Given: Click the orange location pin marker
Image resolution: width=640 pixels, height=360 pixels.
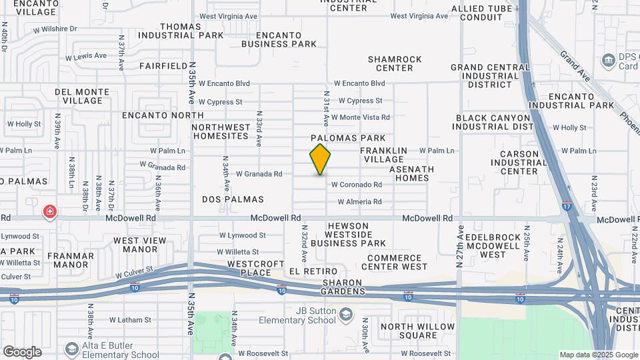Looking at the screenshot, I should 320,159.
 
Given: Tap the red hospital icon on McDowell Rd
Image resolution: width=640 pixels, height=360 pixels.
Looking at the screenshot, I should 49,212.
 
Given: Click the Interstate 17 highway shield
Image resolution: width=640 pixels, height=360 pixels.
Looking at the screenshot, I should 566,206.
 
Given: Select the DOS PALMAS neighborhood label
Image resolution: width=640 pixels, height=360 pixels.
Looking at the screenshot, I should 233,199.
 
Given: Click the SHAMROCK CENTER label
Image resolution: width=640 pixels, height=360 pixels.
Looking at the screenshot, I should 395,63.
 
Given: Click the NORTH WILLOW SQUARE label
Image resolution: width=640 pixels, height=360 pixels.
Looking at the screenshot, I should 417,331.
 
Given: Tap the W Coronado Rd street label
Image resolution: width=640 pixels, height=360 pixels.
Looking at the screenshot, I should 357,185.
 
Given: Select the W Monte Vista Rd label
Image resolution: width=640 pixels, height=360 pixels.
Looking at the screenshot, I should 361,117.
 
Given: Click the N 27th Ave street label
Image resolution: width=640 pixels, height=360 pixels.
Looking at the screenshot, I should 460,247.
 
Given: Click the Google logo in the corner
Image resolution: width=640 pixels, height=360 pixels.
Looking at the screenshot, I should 22,351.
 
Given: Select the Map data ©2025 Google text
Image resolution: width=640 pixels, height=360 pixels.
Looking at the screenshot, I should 598,355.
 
